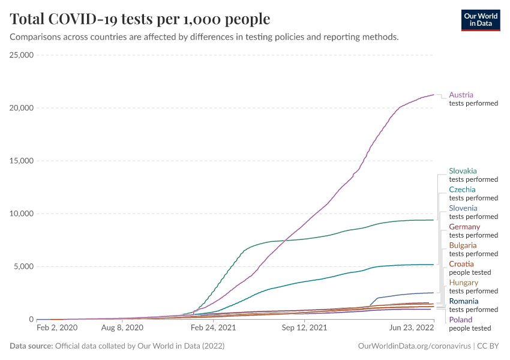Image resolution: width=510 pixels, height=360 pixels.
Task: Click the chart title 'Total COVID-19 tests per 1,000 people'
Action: click(140, 19)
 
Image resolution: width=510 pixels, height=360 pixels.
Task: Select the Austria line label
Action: click(461, 95)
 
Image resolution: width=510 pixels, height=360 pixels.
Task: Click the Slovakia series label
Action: click(463, 171)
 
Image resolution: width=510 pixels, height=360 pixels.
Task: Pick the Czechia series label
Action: click(462, 190)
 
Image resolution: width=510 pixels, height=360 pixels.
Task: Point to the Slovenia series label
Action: click(463, 208)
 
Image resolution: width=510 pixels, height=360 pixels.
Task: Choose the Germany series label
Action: click(464, 227)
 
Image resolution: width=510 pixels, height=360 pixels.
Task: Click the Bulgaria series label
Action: click(463, 245)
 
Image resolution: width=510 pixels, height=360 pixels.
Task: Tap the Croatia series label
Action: click(461, 264)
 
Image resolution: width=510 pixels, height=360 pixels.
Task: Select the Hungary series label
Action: click(463, 283)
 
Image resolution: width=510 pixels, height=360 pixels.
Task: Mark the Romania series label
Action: click(464, 301)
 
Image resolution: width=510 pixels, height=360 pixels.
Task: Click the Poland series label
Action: click(460, 320)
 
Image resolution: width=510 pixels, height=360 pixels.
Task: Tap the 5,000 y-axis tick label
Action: click(23, 266)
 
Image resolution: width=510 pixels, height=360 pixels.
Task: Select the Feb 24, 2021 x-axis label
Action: click(213, 328)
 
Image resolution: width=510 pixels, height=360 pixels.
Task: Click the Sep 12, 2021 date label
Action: click(305, 328)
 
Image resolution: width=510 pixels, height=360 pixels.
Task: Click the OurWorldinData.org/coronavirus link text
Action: click(414, 346)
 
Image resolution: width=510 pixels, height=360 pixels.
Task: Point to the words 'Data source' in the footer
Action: click(30, 346)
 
